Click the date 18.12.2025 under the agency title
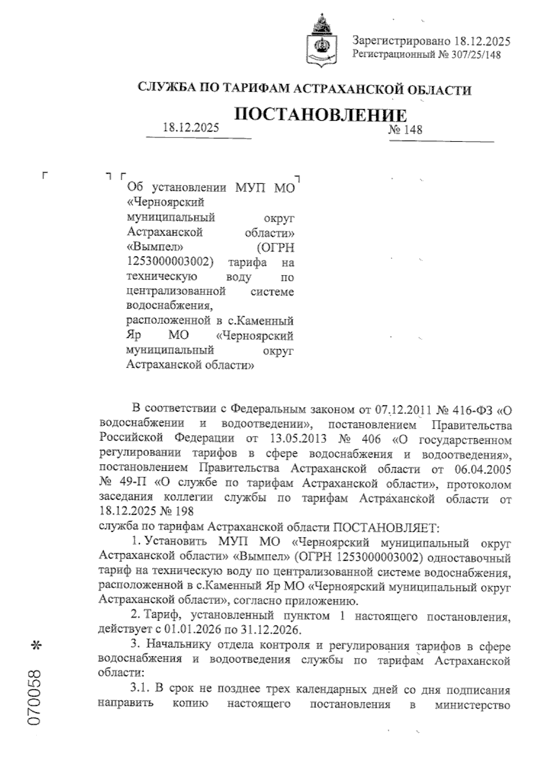(191, 128)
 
